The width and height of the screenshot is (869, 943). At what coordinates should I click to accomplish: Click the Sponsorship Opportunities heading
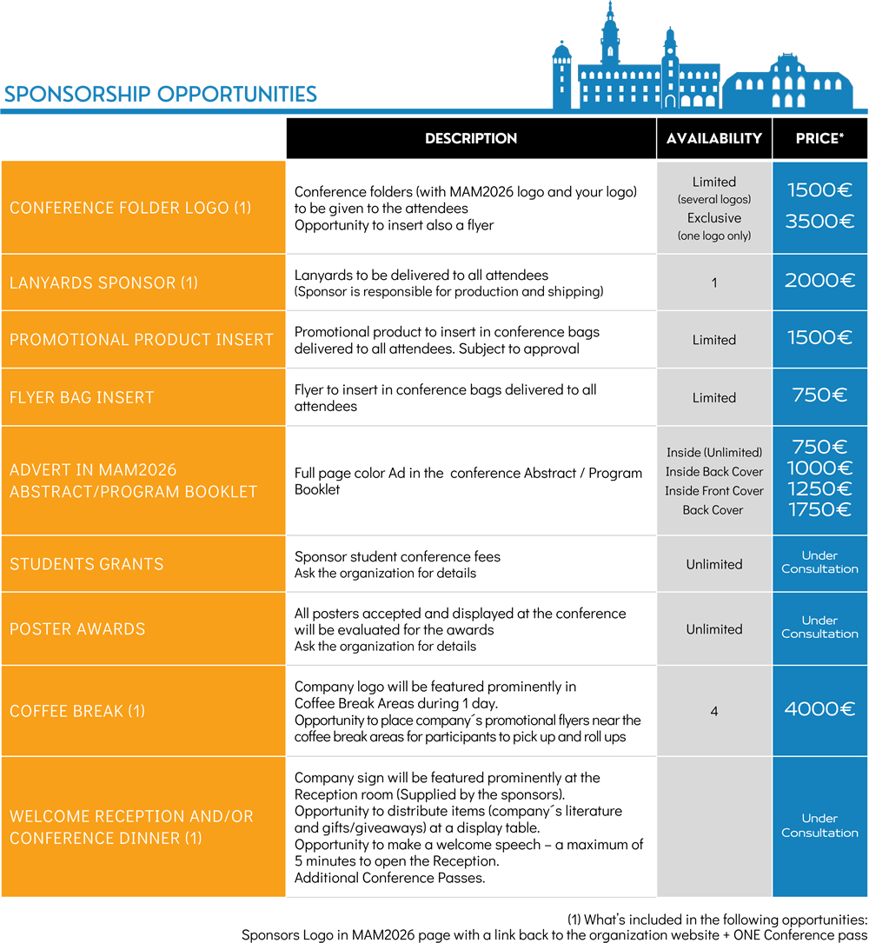click(x=161, y=94)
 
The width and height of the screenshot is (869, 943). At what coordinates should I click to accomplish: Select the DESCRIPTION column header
click(x=471, y=138)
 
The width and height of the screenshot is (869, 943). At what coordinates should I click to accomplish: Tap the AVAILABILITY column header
click(x=713, y=138)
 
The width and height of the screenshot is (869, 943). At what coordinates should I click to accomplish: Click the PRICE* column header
click(x=819, y=138)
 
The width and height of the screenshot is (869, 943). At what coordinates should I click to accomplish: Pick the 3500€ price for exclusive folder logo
click(x=819, y=221)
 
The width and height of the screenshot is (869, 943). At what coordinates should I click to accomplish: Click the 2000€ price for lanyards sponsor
click(x=819, y=281)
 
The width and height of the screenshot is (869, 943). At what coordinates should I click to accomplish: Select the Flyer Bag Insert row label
click(x=82, y=397)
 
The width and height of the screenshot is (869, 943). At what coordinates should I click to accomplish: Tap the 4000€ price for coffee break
click(x=819, y=709)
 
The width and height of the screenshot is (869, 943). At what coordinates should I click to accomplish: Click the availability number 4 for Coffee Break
click(x=714, y=711)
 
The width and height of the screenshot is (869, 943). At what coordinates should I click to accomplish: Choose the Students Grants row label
click(x=87, y=564)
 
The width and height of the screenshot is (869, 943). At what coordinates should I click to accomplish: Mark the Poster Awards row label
click(x=77, y=628)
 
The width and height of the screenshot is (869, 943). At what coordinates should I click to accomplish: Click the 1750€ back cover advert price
click(x=819, y=510)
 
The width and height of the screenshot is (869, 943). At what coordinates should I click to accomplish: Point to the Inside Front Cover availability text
click(x=714, y=491)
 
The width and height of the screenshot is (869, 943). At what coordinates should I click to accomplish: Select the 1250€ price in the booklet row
click(x=819, y=489)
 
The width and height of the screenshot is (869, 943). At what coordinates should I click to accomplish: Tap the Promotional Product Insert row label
click(x=142, y=339)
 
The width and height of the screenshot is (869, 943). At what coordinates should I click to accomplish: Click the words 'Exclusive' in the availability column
click(x=714, y=218)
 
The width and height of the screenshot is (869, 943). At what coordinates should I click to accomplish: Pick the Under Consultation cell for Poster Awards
click(x=819, y=628)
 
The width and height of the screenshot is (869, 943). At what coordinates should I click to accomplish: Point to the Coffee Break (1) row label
click(x=77, y=711)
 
